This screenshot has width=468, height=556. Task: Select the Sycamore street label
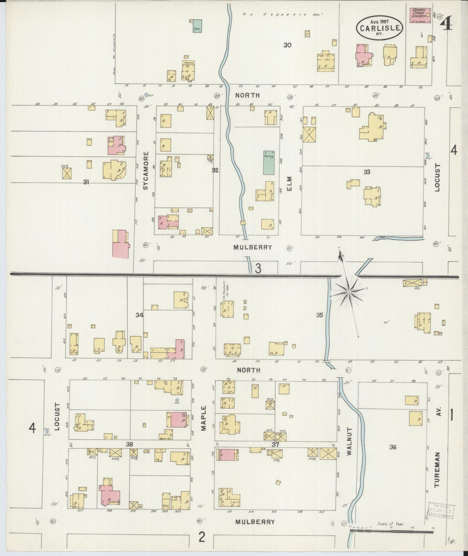[x=146, y=171]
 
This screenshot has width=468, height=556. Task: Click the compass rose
[x=349, y=292]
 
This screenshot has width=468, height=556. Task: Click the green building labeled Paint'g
[x=269, y=162]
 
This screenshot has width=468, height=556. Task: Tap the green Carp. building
[x=197, y=26]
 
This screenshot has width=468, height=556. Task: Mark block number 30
[x=288, y=45]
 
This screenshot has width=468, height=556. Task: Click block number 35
[x=319, y=315]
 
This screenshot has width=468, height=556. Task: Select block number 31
[x=86, y=182]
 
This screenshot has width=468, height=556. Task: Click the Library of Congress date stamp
[x=440, y=510]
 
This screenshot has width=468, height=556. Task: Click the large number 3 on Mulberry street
[x=258, y=268]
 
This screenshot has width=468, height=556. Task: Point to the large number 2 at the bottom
[x=202, y=537]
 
